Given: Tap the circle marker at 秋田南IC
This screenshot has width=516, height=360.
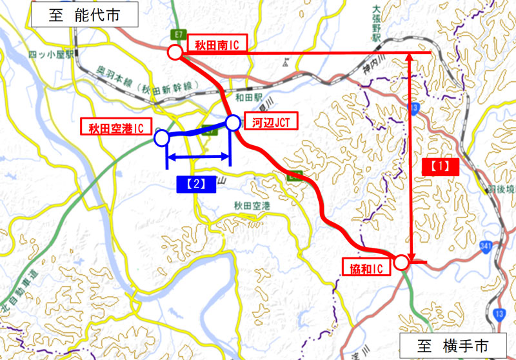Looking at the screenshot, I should tap(174, 52).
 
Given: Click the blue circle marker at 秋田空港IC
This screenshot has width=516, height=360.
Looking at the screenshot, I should tap(162, 137).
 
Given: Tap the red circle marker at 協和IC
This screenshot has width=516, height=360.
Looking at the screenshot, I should tap(401, 262).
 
